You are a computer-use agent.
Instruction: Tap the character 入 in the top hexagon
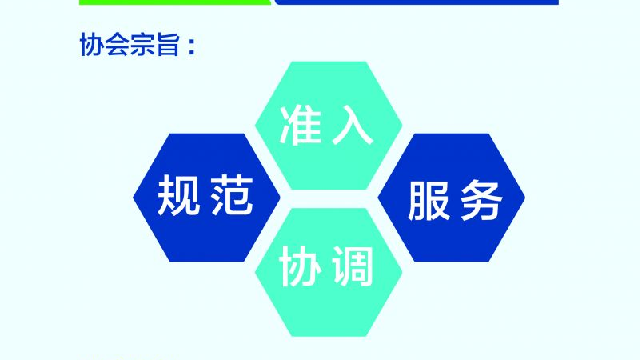[x=353, y=126]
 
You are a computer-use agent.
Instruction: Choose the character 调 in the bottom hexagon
[x=353, y=268]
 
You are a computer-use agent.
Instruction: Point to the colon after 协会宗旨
[x=190, y=46]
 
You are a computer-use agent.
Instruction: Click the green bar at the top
[x=175, y=2]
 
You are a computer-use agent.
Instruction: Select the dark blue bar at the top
[x=416, y=2]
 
